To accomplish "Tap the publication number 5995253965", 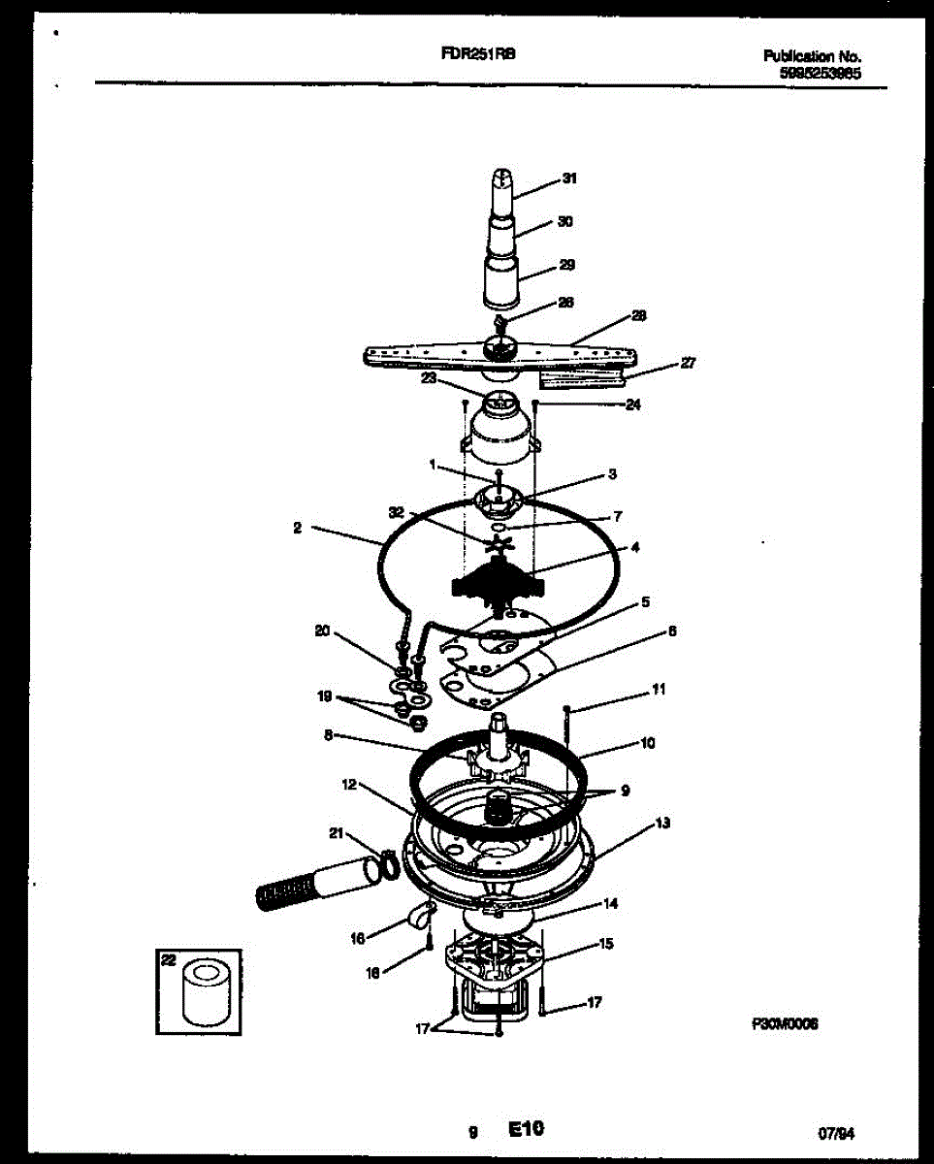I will [820, 72].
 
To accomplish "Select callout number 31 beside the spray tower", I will [569, 178].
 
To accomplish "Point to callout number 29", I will [567, 264].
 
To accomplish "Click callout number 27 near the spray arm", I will [688, 363].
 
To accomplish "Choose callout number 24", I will [633, 404].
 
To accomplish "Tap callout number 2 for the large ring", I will [297, 529].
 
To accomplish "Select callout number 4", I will [635, 547].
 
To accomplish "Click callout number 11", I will [659, 691].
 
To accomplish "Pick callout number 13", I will [662, 824].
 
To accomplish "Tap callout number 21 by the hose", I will [337, 832].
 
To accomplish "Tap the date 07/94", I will [840, 1131].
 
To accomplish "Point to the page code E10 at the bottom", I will [526, 1128].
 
